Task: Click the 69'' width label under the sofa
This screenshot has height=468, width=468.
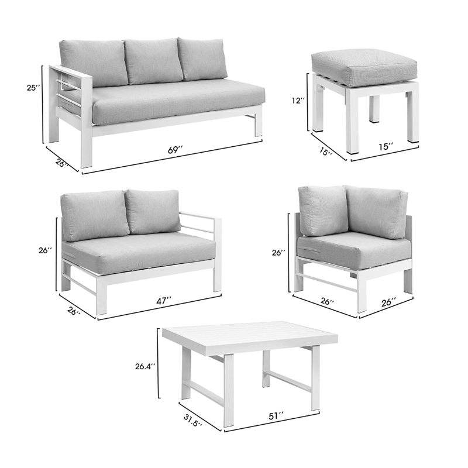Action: pyautogui.click(x=175, y=150)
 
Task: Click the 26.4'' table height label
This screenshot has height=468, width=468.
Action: pyautogui.click(x=144, y=367)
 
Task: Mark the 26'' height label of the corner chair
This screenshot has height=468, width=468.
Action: pyautogui.click(x=279, y=253)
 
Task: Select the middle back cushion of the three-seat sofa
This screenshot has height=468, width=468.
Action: pyautogui.click(x=152, y=60)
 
